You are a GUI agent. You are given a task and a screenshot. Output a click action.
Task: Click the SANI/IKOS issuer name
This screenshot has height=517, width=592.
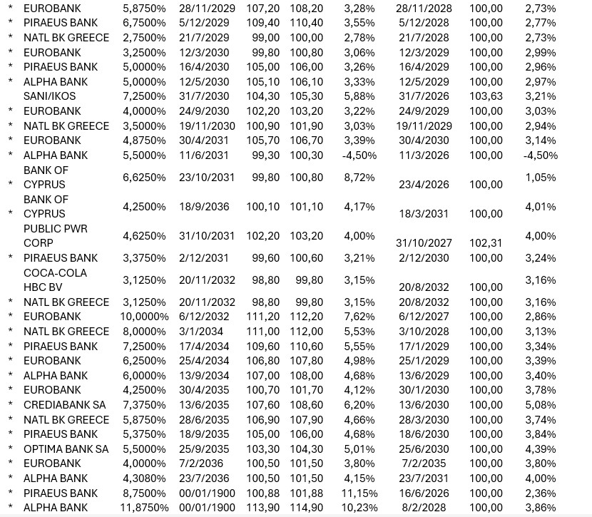(47, 96)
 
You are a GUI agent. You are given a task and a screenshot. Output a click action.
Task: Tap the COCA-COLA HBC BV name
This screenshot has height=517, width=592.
(55, 280)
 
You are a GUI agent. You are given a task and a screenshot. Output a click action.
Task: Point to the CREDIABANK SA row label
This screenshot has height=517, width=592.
(64, 404)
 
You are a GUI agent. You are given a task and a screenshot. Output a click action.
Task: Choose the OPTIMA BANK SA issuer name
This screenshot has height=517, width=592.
(66, 449)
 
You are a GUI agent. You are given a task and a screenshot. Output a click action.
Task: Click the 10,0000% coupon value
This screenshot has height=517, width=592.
(146, 317)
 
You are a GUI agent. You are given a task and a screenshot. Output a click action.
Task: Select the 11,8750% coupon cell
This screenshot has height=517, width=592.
(146, 508)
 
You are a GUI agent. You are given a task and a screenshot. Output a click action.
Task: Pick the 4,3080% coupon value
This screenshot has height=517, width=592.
(144, 478)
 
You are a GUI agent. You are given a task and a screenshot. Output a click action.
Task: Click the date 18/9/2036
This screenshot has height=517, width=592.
(204, 207)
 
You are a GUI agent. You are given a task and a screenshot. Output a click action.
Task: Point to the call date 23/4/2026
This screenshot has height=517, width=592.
(424, 185)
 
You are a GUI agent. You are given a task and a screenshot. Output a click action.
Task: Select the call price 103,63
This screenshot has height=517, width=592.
(486, 96)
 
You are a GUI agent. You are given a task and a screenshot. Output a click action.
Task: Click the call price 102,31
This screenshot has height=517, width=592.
(486, 243)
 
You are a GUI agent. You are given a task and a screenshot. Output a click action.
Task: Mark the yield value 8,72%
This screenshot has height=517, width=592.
(359, 178)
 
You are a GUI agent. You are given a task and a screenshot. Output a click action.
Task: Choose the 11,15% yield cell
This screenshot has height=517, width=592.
(359, 493)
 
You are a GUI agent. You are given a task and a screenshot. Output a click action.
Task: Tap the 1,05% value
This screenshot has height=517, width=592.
(540, 178)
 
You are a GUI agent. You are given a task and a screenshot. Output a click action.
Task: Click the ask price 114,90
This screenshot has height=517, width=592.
(306, 508)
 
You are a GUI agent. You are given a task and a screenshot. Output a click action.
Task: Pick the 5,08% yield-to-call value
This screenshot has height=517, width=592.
(540, 404)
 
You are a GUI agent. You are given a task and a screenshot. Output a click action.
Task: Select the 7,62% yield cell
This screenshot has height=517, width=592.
(359, 317)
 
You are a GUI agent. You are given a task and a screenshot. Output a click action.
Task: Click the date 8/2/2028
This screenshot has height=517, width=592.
(424, 508)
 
